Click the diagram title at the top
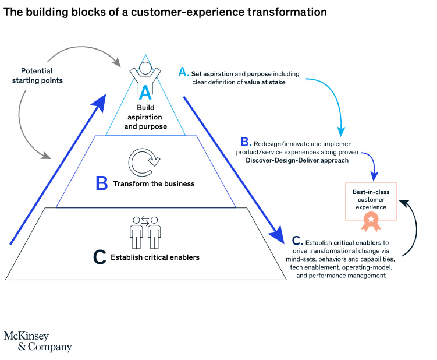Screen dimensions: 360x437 pyautogui.click(x=165, y=12)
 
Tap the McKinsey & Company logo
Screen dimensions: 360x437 pyautogui.click(x=38, y=341)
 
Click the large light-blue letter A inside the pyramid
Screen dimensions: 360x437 pyautogui.click(x=145, y=92)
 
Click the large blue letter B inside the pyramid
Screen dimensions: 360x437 pyautogui.click(x=102, y=184)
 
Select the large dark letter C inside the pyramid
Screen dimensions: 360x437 pyautogui.click(x=100, y=257)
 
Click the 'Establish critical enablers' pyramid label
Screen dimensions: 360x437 pyautogui.click(x=155, y=257)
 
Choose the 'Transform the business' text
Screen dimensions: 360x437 pyautogui.click(x=154, y=183)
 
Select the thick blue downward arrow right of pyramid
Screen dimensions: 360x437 pyautogui.click(x=233, y=169)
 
